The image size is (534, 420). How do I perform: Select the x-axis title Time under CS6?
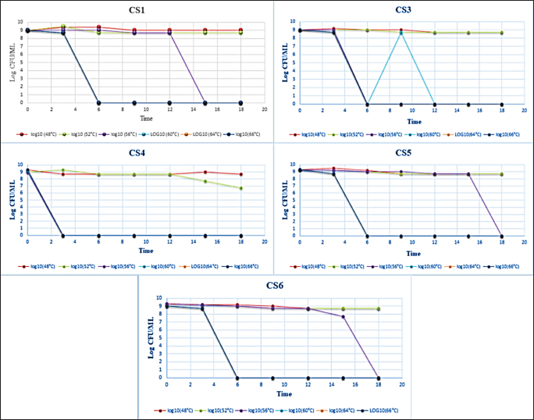coord(272,394)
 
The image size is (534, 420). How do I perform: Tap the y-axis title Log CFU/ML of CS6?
coord(150,337)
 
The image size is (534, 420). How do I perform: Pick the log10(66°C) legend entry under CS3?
coord(502,134)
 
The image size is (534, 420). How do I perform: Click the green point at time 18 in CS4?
coord(241,188)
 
